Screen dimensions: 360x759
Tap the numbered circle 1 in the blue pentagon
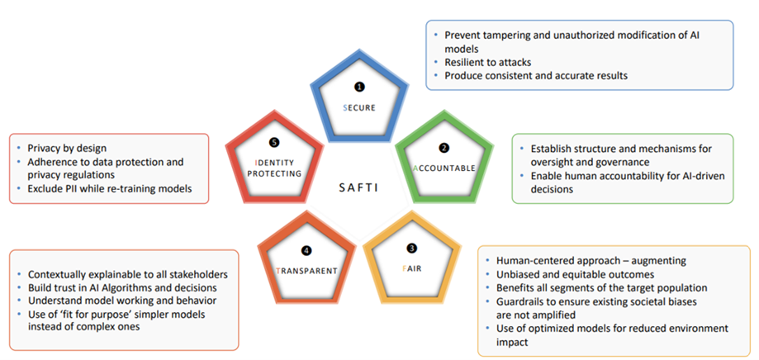pyautogui.click(x=358, y=86)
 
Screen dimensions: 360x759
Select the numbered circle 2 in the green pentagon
pyautogui.click(x=444, y=148)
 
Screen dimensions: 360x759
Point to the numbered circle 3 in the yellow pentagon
pyautogui.click(x=411, y=248)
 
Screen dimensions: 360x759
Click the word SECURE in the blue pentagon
pyautogui.click(x=358, y=107)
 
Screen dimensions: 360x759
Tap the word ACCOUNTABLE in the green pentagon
pyautogui.click(x=444, y=168)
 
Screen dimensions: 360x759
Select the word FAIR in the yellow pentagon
pyautogui.click(x=410, y=269)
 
